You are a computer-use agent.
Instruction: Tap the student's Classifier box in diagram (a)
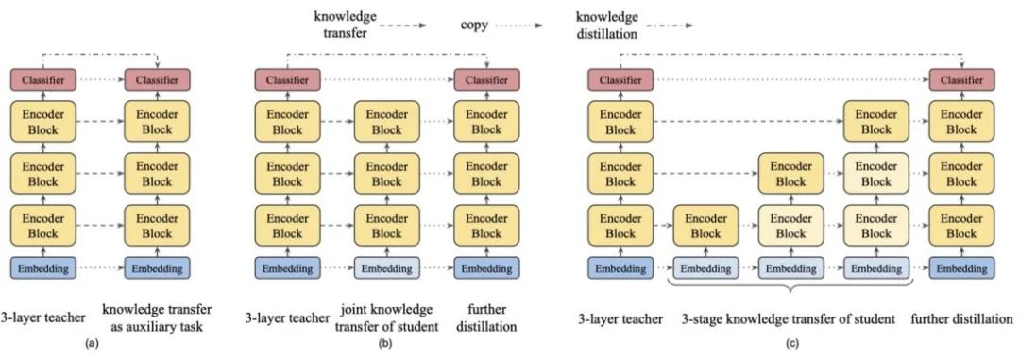[157, 82]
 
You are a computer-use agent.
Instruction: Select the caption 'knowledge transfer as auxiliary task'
[157, 318]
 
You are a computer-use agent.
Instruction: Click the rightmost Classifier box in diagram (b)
[485, 82]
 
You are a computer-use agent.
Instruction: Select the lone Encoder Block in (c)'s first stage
[704, 227]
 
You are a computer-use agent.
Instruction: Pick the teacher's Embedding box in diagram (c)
[620, 268]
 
